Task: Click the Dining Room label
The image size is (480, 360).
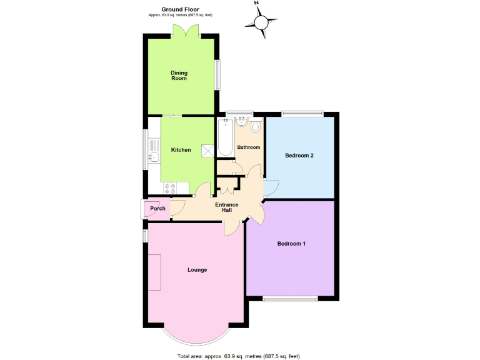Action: (x=179, y=76)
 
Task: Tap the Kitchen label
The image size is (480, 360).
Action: (x=181, y=150)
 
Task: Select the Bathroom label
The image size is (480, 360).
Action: (x=248, y=147)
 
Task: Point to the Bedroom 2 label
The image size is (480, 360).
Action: (x=299, y=155)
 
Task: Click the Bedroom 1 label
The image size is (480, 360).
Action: (x=291, y=244)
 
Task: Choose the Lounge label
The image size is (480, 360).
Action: (x=197, y=270)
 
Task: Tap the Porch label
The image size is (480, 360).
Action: (x=157, y=208)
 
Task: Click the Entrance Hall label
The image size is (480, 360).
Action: (x=227, y=207)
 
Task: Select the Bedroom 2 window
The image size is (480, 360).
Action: (x=302, y=114)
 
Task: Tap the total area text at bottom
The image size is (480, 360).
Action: (x=239, y=356)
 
